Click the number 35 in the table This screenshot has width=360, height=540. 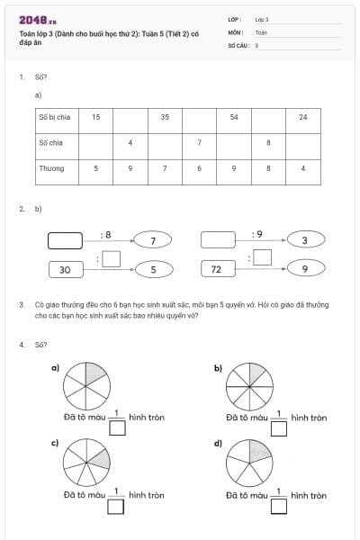point(165,117)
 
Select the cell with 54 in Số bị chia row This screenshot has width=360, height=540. point(234,117)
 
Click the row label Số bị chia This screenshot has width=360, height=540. point(54,117)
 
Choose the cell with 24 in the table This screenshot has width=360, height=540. point(303,117)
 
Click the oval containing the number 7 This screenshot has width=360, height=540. point(154,240)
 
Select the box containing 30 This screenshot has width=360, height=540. point(65,269)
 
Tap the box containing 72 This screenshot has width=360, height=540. point(217,269)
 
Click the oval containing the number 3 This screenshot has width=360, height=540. point(305,240)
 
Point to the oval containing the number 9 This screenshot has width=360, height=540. point(305,269)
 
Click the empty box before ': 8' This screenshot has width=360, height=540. point(65,240)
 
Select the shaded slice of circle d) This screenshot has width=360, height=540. point(259,452)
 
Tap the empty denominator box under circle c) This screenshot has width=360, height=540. point(115,505)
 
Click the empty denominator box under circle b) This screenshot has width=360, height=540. point(279,427)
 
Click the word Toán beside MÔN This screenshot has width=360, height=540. point(261,31)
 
